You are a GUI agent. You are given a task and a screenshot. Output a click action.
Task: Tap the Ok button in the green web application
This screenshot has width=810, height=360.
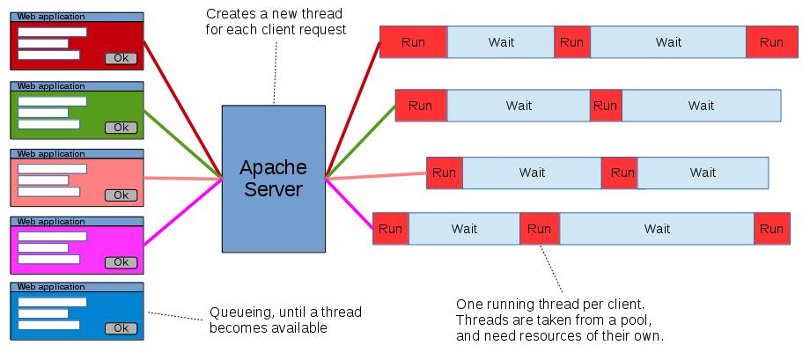[121, 128]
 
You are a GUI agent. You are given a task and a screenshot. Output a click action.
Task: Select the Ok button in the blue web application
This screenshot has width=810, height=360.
[121, 328]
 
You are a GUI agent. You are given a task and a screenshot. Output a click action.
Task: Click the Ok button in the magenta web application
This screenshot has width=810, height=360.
[121, 261]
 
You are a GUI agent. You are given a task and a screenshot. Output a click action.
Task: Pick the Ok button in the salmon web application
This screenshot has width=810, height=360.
[121, 195]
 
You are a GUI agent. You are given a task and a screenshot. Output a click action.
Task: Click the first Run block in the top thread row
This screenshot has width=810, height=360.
[413, 42]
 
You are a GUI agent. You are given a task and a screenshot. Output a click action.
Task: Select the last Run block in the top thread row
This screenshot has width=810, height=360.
[771, 42]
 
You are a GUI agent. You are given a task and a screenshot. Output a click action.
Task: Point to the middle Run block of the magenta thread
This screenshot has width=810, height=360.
[540, 229]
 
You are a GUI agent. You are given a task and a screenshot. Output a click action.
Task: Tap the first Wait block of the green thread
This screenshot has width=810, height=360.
[519, 106]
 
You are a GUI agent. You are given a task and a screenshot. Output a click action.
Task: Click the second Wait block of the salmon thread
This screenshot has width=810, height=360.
[703, 173]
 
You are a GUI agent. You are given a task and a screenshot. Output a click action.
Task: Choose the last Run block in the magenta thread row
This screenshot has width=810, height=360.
[771, 229]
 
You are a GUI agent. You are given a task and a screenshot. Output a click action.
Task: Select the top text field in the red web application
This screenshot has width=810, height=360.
[52, 33]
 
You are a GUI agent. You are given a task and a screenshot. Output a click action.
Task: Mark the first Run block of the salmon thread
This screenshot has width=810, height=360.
[444, 173]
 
